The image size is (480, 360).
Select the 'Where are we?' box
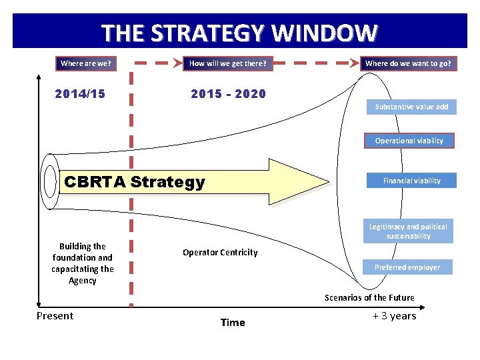(85, 64)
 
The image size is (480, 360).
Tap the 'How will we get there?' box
(227, 64)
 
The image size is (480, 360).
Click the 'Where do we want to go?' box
(408, 64)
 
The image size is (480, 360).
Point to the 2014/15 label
(80, 94)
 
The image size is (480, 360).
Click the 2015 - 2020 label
(228, 94)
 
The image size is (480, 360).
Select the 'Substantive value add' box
(411, 107)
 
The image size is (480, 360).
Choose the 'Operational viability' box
(409, 141)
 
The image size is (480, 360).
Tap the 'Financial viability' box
(411, 181)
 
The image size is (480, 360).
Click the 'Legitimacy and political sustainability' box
(408, 231)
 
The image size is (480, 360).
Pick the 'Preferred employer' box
(407, 267)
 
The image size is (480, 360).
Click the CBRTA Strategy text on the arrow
(133, 182)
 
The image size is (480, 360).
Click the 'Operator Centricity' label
(220, 252)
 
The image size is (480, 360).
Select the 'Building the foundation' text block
(83, 263)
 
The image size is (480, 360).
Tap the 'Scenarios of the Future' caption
(369, 297)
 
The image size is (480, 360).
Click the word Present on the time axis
(55, 316)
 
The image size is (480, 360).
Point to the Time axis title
(233, 323)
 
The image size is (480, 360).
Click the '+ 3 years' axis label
(395, 316)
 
